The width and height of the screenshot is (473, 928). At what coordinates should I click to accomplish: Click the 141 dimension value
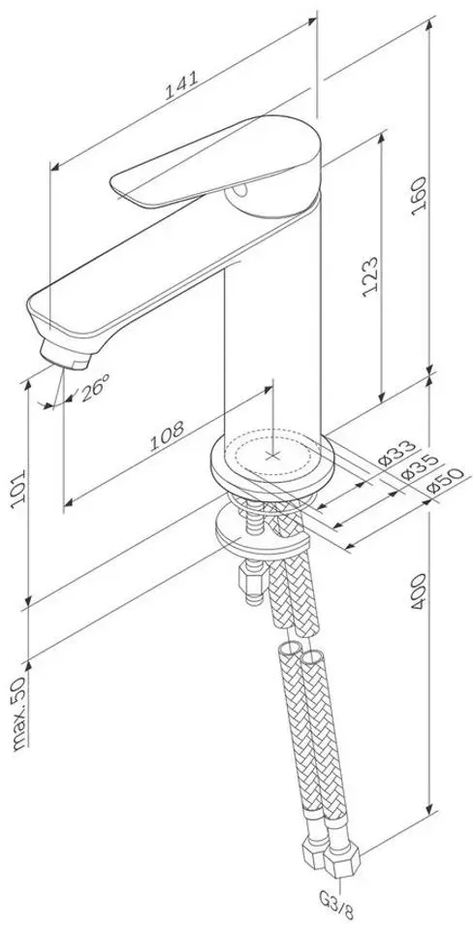click(x=180, y=85)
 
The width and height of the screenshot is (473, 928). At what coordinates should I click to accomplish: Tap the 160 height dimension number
click(x=419, y=196)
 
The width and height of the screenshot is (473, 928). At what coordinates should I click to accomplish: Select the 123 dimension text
click(x=369, y=276)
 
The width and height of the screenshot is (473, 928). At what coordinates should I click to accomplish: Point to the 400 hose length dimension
click(x=419, y=592)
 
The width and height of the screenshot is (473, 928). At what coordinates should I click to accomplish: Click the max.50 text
click(x=19, y=713)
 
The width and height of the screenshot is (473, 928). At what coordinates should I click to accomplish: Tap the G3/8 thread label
click(x=336, y=915)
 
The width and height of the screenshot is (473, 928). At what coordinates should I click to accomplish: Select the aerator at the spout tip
click(x=66, y=356)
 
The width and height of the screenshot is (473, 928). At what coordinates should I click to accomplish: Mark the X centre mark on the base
click(x=272, y=455)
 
